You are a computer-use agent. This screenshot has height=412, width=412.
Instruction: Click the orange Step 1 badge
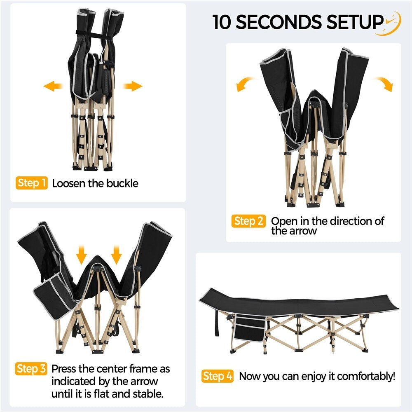(32, 183)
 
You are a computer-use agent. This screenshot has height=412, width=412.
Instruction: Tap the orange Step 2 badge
(248, 221)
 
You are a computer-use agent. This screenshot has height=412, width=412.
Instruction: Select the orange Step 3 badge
(31, 369)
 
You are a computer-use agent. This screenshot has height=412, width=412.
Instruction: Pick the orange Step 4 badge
(218, 376)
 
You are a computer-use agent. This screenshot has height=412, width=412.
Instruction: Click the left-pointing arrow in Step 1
(53, 86)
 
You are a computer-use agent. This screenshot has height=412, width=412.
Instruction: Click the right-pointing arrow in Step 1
(132, 86)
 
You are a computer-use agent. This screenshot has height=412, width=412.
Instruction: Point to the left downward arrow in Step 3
(82, 255)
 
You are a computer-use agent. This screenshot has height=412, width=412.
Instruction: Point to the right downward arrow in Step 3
(116, 255)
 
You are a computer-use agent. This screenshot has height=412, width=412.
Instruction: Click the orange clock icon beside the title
(392, 23)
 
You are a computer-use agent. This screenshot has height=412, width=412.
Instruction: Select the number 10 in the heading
(222, 22)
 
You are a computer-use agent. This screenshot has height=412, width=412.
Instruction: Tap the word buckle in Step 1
(122, 183)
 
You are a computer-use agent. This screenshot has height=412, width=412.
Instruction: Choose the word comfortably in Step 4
(366, 377)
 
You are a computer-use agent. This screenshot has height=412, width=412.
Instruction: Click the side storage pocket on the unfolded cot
(250, 328)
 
